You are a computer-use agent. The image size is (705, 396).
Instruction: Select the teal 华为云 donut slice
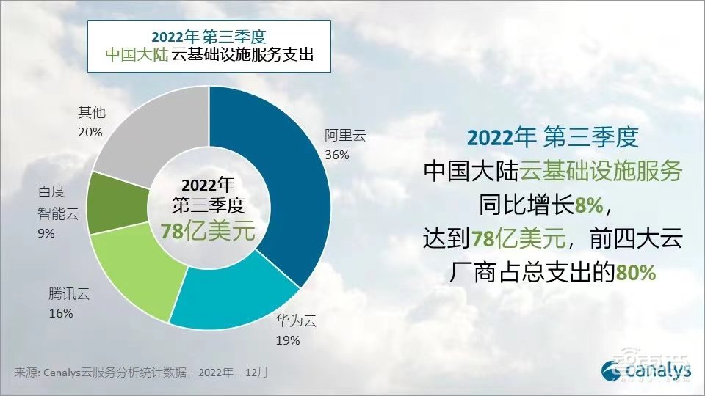click(x=235, y=297)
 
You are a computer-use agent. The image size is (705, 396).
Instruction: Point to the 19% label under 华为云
click(x=288, y=340)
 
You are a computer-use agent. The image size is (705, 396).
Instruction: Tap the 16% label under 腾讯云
click(x=61, y=314)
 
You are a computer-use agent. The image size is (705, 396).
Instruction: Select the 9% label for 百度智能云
click(x=47, y=233)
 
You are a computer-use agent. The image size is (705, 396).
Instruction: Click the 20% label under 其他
click(x=90, y=132)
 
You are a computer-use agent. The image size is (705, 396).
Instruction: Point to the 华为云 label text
click(x=295, y=320)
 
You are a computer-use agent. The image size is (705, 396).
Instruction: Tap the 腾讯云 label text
click(x=68, y=295)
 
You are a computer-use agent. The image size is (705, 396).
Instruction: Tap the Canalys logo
click(x=646, y=370)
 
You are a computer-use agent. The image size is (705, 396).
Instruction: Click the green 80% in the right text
click(x=635, y=273)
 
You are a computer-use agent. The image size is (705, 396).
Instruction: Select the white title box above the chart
click(x=207, y=45)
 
